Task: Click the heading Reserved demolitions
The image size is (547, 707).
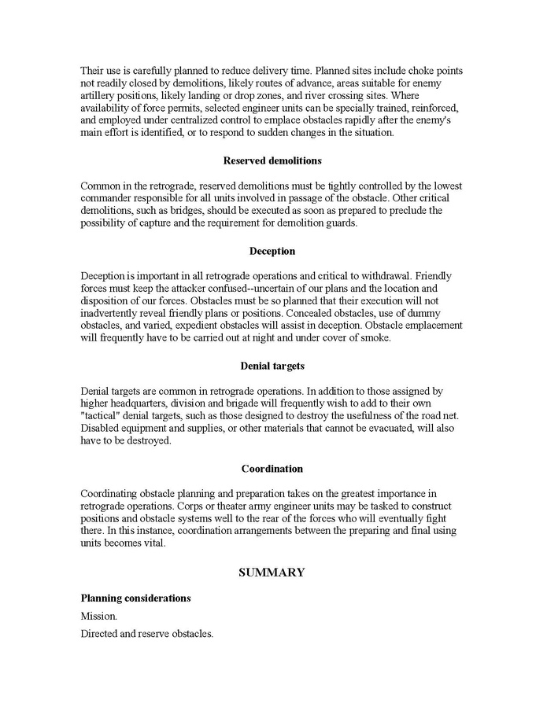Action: [272, 160]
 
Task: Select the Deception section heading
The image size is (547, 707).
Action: [272, 252]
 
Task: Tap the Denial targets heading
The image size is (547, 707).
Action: [272, 366]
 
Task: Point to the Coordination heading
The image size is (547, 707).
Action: [272, 469]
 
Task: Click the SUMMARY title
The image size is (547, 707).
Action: [272, 573]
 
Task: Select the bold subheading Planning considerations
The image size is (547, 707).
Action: [135, 598]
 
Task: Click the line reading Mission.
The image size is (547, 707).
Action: [98, 617]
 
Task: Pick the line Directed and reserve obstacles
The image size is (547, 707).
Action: [146, 633]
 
